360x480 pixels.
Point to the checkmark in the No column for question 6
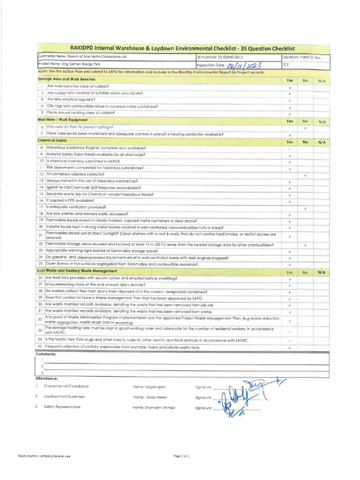coord(305,127)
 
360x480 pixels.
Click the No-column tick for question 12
coord(305,175)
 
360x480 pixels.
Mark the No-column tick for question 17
coord(305,208)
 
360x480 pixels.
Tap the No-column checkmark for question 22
coord(305,245)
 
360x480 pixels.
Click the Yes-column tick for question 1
coord(290,87)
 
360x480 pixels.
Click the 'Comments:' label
coord(46,354)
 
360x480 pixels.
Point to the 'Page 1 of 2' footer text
coord(181,455)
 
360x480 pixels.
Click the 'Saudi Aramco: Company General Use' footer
coord(44,455)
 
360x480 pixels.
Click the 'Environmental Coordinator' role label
coord(66,386)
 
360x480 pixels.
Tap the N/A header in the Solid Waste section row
coord(321,272)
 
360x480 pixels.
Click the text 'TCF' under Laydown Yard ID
coord(286,65)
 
